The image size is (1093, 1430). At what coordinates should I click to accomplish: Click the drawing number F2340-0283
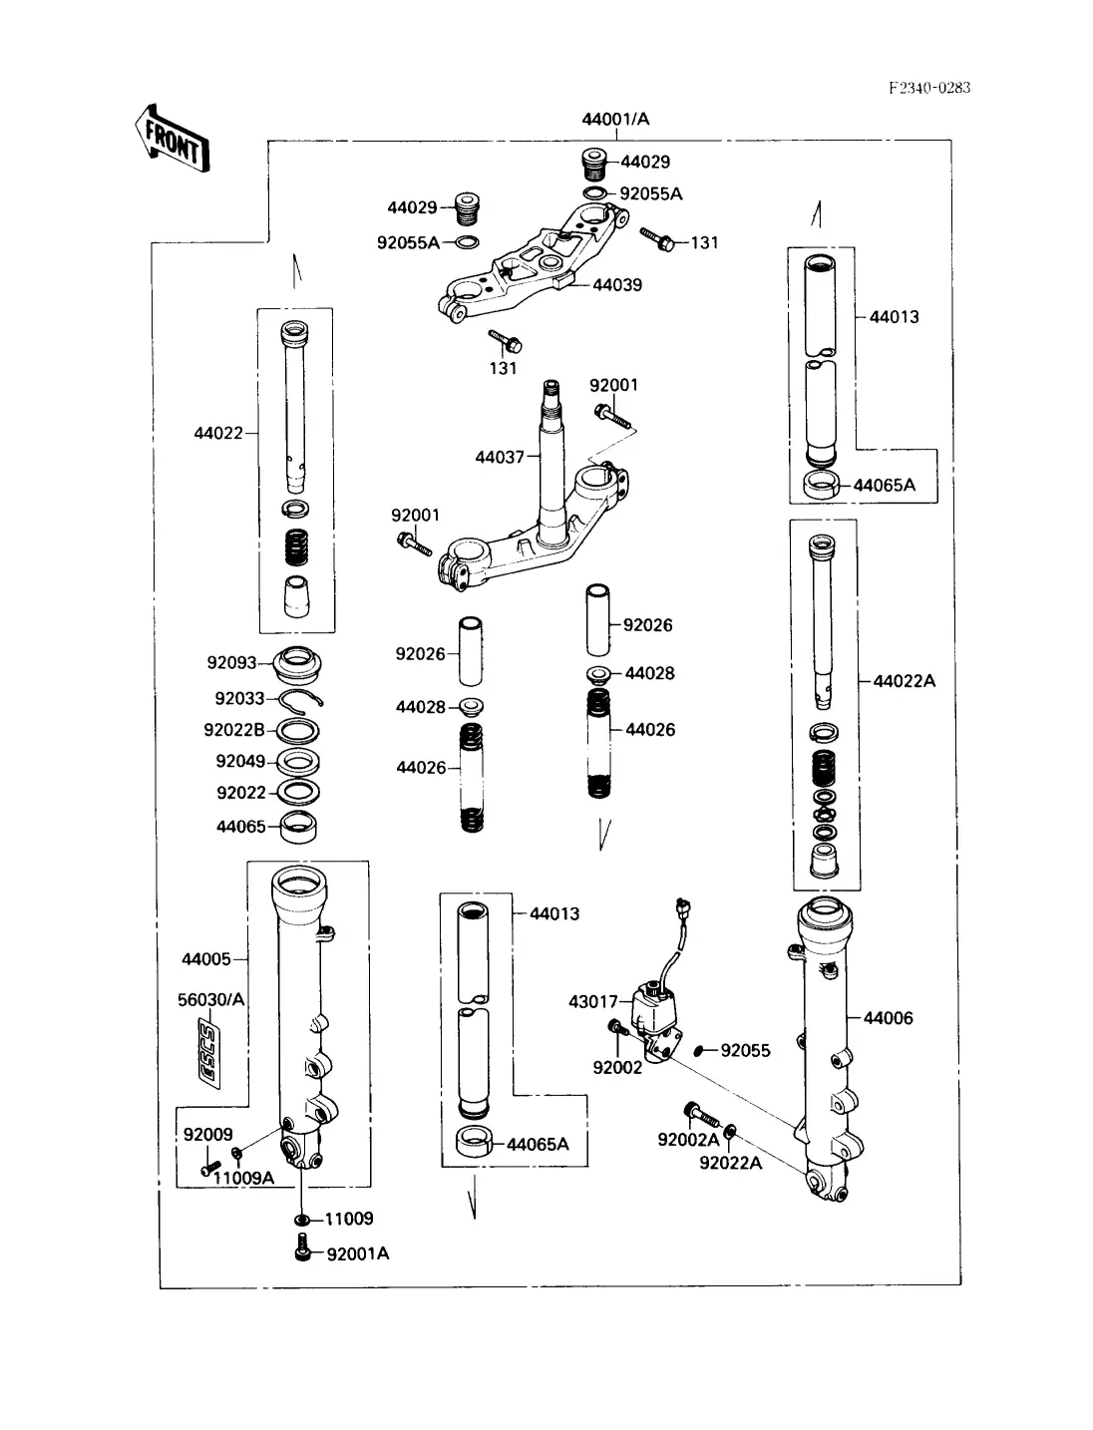click(928, 88)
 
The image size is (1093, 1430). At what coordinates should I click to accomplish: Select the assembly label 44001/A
click(615, 120)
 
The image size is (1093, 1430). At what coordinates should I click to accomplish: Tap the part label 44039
click(617, 285)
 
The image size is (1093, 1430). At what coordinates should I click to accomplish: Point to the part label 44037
click(500, 458)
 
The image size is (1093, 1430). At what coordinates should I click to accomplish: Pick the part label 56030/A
click(210, 1000)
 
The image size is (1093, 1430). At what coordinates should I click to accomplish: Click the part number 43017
click(593, 1001)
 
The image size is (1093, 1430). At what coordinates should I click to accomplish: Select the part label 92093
click(231, 663)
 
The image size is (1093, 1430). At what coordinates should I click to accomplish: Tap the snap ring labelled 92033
click(300, 699)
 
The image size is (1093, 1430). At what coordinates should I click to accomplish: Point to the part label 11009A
click(243, 1178)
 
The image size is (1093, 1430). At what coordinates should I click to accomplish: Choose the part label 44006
click(888, 1018)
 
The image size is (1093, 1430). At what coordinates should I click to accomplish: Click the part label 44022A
click(905, 681)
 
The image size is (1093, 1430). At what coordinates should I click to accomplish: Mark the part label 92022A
click(730, 1163)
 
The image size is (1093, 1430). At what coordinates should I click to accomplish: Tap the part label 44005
click(206, 959)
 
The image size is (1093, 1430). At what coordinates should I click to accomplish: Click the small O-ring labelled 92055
click(701, 1049)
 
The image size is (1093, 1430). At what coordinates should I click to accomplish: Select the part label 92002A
click(688, 1140)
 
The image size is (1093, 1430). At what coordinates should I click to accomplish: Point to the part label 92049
click(240, 762)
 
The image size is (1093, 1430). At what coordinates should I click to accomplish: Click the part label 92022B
click(234, 730)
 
